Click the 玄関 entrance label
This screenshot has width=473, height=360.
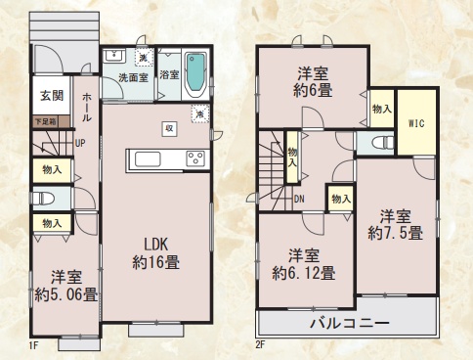tap(52, 96)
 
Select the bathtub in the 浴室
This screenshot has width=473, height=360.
tap(195, 74)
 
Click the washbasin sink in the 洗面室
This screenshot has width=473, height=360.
tap(113, 56)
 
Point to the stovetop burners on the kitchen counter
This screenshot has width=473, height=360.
tap(195, 158)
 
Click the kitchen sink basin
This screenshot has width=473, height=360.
tap(148, 159)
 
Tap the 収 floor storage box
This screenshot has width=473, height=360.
tap(169, 128)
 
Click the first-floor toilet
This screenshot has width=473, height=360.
tap(43, 198)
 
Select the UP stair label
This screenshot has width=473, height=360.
tap(80, 143)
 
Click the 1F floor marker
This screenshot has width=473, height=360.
tap(34, 345)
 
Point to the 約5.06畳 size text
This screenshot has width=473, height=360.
tap(66, 294)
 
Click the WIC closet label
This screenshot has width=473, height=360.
tap(416, 123)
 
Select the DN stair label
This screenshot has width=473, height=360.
tap(299, 199)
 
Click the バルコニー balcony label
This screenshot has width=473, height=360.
tap(349, 323)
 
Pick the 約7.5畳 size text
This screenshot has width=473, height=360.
tap(396, 233)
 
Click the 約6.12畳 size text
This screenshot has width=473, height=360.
tap(304, 273)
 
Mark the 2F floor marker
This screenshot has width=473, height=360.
tap(260, 345)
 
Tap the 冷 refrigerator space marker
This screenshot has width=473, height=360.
tap(200, 114)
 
